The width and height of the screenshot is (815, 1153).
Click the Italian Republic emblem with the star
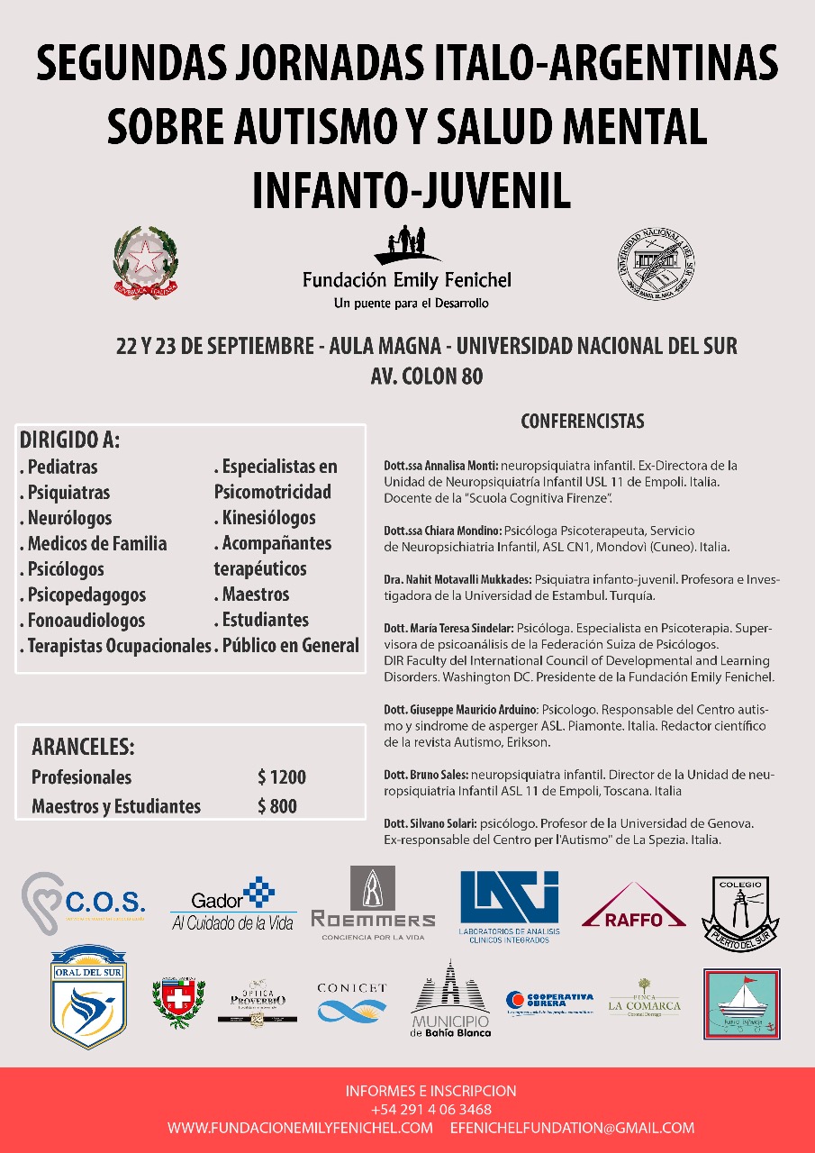click(145, 262)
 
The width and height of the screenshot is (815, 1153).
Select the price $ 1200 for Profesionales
click(281, 777)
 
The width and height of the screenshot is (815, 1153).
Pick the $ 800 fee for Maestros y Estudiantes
click(276, 806)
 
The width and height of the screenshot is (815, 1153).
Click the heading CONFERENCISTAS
click(583, 421)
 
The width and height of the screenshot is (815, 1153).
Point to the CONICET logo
click(351, 1002)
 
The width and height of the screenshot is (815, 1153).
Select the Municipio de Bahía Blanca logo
click(450, 1000)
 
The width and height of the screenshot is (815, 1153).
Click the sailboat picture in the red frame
click(741, 1003)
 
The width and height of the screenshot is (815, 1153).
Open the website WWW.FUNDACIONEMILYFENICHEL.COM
click(300, 1128)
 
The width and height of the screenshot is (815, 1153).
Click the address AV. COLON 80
click(426, 376)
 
